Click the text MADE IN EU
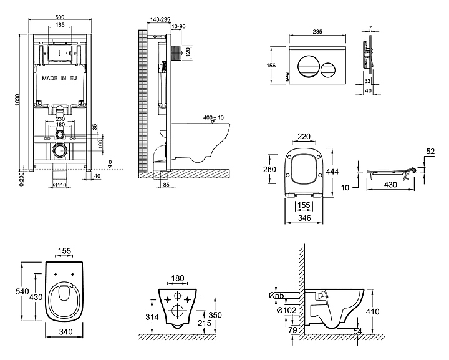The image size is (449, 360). [x=59, y=80]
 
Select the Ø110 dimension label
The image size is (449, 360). [x=60, y=185]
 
